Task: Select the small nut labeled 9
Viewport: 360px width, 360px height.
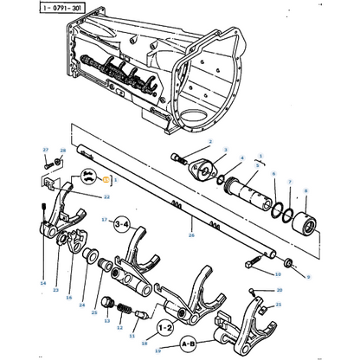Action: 288,261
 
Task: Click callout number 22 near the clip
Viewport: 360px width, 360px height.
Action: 106,196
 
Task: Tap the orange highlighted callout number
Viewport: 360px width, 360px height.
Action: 106,180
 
